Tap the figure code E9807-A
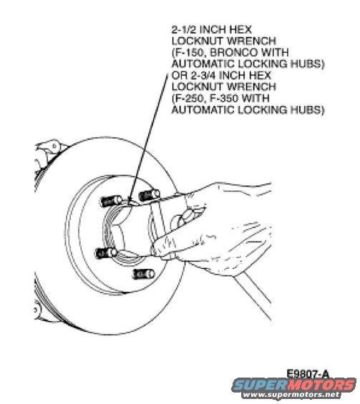point(310,373)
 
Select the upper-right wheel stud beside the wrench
point(147,195)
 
